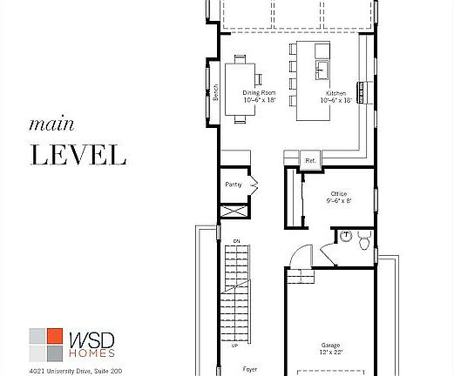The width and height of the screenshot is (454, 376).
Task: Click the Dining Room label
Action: [x=259, y=92]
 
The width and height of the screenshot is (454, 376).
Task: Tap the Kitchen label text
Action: [x=336, y=92]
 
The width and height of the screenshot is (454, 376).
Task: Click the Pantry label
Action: [x=233, y=185]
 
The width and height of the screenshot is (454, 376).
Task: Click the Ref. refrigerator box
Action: [x=309, y=161]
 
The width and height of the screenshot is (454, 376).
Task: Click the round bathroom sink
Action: [x=344, y=235]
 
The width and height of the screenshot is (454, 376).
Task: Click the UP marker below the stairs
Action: [x=234, y=346]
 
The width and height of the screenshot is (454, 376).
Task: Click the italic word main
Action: [x=47, y=124]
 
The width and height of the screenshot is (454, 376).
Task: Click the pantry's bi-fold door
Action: [x=254, y=184]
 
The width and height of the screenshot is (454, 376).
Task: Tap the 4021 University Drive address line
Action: [x=73, y=372]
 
